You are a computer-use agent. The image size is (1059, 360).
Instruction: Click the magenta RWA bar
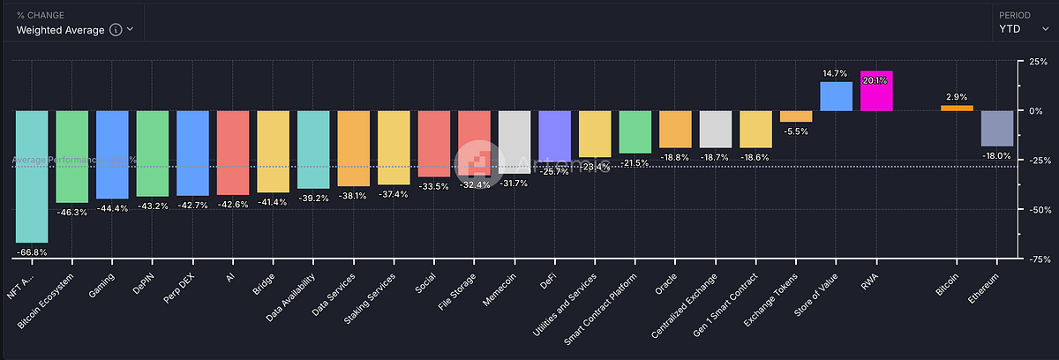[x=876, y=91]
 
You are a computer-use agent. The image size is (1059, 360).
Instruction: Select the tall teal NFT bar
[x=32, y=176]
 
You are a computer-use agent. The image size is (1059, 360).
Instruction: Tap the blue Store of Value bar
[x=836, y=96]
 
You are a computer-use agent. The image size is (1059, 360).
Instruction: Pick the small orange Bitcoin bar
[x=957, y=108]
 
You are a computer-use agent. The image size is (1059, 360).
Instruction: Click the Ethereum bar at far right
[x=997, y=128]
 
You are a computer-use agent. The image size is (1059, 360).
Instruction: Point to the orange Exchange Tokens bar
[x=796, y=116]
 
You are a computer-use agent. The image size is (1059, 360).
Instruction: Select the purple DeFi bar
[x=554, y=136]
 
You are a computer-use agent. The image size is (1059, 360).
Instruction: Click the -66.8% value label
[x=32, y=251]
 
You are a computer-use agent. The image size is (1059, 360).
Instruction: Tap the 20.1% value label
[x=876, y=80]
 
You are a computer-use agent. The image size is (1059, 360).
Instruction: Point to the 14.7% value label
[x=836, y=73]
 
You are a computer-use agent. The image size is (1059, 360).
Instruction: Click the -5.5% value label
[x=796, y=131]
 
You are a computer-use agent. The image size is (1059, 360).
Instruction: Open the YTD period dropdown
[x=1023, y=28]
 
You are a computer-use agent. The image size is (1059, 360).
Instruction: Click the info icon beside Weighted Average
[x=115, y=29]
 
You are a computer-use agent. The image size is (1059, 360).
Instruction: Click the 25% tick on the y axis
[x=1039, y=61]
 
